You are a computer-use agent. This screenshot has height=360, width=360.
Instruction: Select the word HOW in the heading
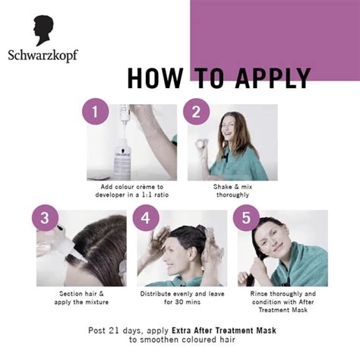pos(156,79)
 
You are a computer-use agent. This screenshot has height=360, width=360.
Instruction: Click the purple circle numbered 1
pos(96,112)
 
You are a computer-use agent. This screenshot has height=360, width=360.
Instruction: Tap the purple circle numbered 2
pos(196,112)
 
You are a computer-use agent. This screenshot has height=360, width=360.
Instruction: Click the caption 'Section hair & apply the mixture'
pos(84,297)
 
